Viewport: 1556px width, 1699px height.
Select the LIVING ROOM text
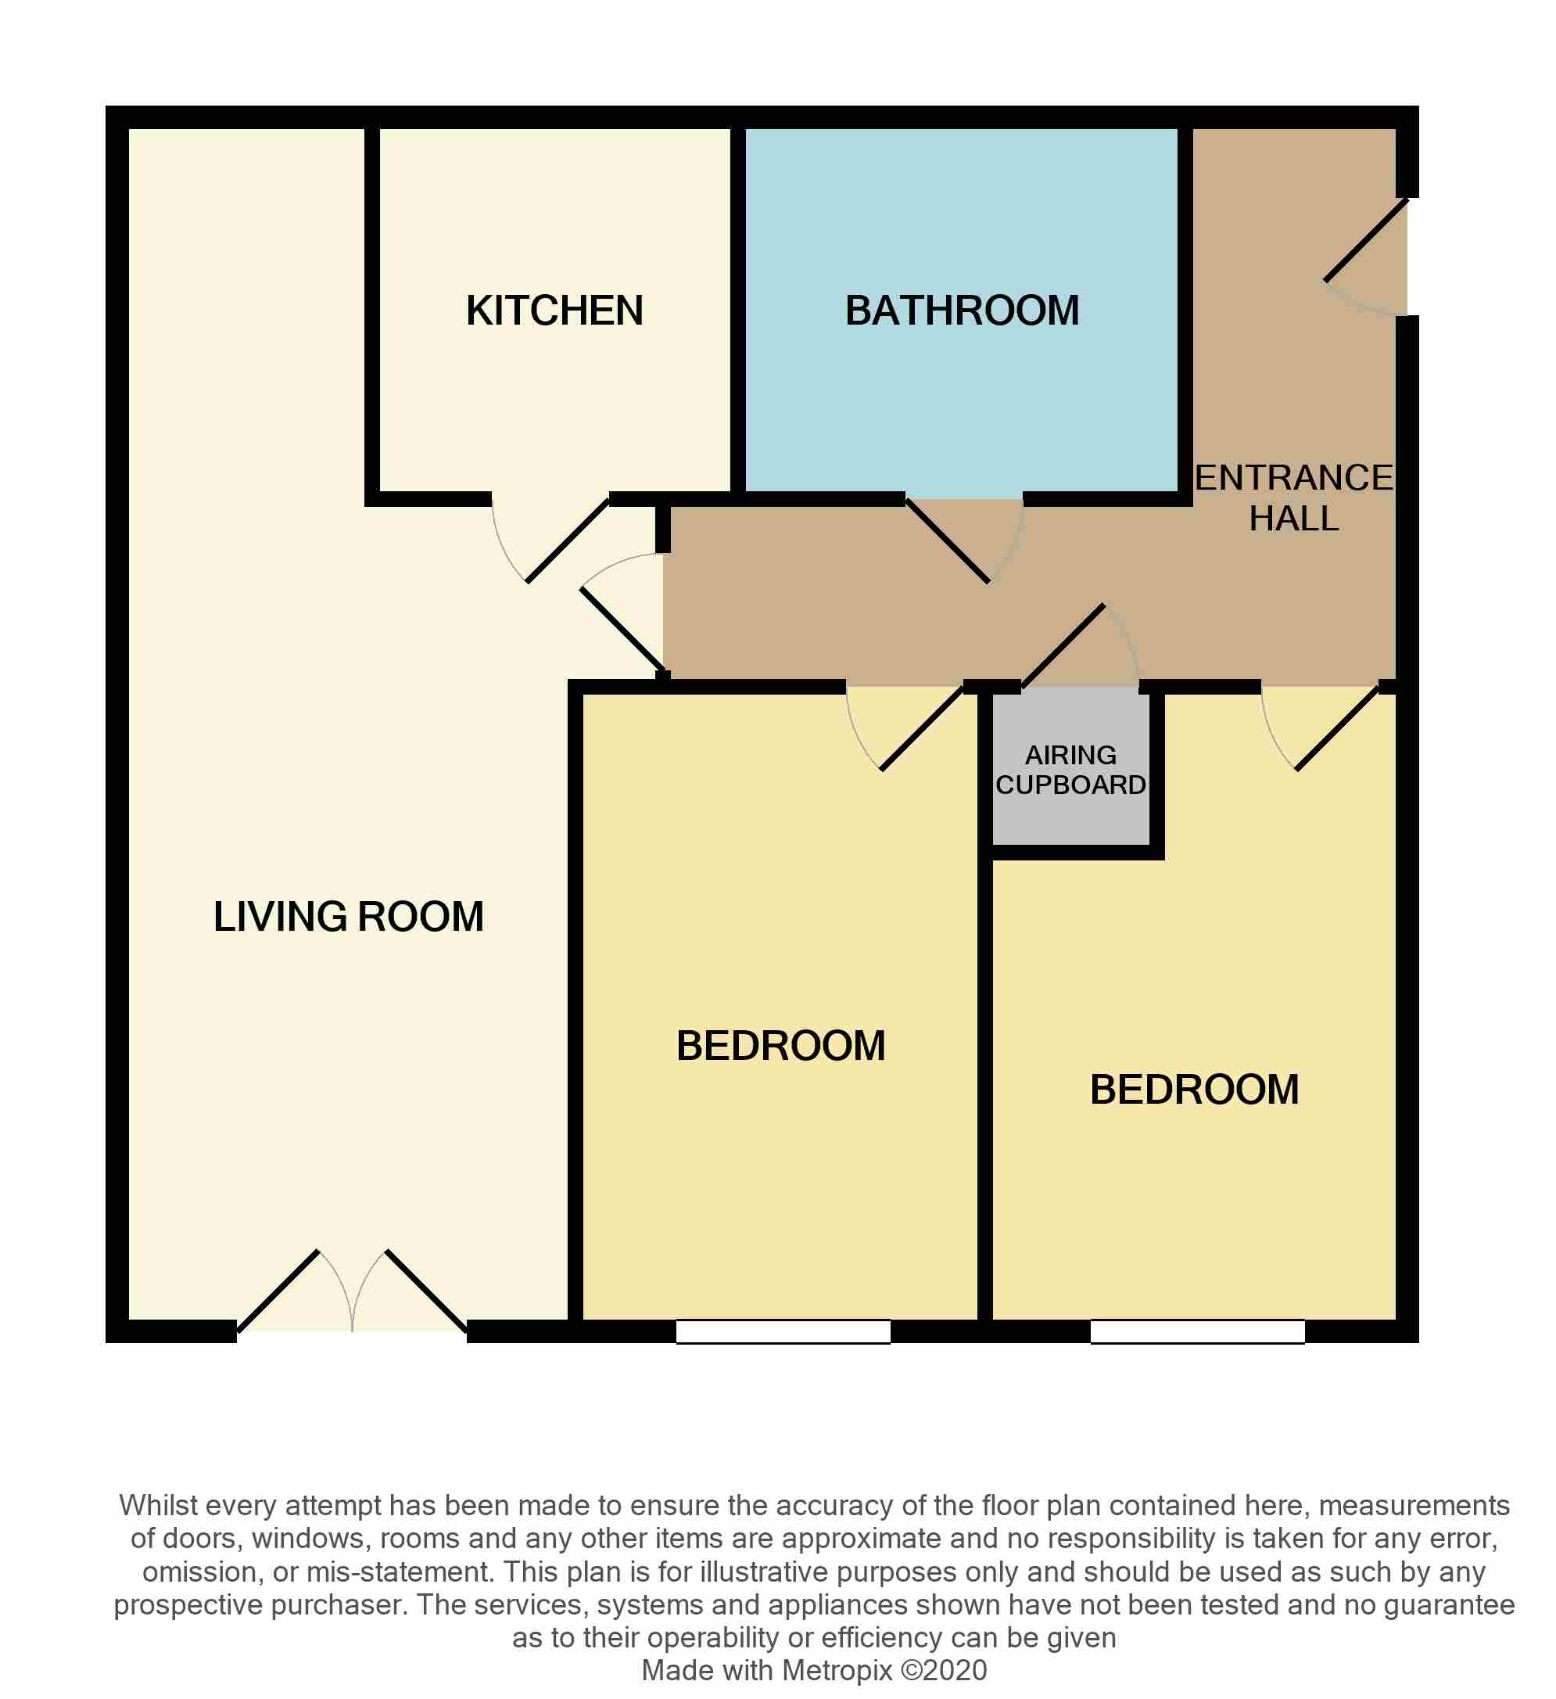[x=348, y=917]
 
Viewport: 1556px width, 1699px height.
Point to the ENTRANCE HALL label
[x=1293, y=498]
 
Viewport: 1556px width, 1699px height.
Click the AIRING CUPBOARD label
[x=1070, y=770]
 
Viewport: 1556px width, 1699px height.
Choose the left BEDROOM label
[x=781, y=1046]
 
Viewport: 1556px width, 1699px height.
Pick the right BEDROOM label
[x=1195, y=1090]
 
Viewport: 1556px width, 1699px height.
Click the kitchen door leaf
[x=568, y=541]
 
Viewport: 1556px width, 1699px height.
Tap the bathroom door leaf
[x=948, y=541]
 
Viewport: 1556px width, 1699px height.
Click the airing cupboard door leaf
[x=1063, y=646]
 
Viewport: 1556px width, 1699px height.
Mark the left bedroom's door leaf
[x=922, y=728]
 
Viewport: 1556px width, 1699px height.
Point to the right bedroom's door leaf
[x=1337, y=728]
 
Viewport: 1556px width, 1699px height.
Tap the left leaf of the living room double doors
[x=279, y=1291]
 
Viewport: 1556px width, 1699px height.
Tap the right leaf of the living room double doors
[x=426, y=1293]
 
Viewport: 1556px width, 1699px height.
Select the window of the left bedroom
[x=783, y=1331]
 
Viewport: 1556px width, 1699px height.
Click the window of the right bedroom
[x=1197, y=1331]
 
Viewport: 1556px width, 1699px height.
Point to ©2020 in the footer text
[x=944, y=1670]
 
